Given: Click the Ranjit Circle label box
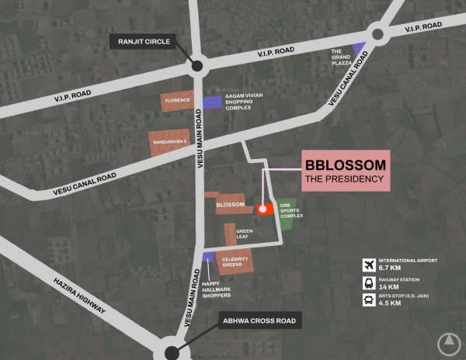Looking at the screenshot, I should pyautogui.click(x=144, y=41).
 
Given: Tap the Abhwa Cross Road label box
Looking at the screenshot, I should pyautogui.click(x=258, y=320).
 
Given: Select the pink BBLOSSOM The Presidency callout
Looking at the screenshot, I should pyautogui.click(x=346, y=171).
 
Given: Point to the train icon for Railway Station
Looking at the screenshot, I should pyautogui.click(x=370, y=282).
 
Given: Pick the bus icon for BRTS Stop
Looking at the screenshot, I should pyautogui.click(x=370, y=299).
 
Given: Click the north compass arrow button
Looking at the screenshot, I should pyautogui.click(x=448, y=342).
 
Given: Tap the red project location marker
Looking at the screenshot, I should pyautogui.click(x=263, y=209).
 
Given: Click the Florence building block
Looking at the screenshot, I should pyautogui.click(x=176, y=102).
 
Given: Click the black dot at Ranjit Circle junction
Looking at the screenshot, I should pyautogui.click(x=196, y=67).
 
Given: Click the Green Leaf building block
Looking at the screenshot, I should pyautogui.click(x=231, y=234).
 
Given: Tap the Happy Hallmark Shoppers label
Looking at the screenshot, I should pyautogui.click(x=217, y=286).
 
